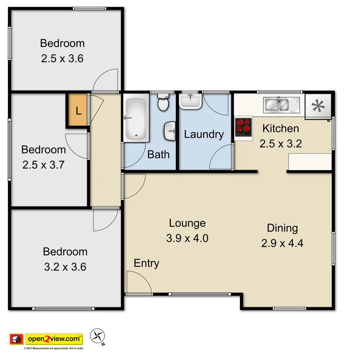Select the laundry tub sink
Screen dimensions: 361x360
[190, 101]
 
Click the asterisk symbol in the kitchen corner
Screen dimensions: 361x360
[318, 106]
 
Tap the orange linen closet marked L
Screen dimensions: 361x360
[78, 111]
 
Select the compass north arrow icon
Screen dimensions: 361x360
[98, 336]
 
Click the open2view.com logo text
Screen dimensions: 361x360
[54, 339]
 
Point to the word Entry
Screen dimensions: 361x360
[146, 263]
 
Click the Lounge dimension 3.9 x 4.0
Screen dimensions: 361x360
[187, 238]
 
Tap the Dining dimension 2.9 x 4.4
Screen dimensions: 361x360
[282, 243]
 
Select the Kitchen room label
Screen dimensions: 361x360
[280, 128]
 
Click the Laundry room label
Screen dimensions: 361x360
[204, 134]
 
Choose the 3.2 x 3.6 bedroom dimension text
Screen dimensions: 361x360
[65, 267]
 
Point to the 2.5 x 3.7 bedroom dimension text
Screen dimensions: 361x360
[43, 165]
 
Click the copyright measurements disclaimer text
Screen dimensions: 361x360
[53, 348]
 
